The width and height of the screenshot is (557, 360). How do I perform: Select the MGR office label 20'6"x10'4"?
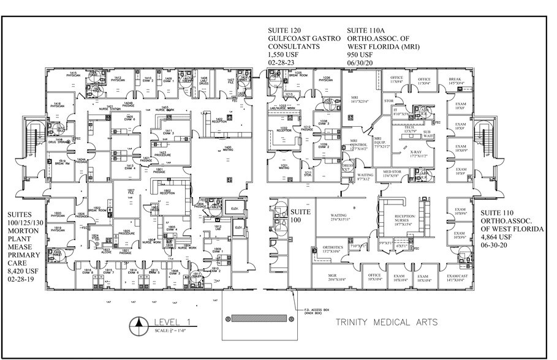[x=337, y=278]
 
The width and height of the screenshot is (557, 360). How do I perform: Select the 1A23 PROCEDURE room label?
[x=162, y=154]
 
